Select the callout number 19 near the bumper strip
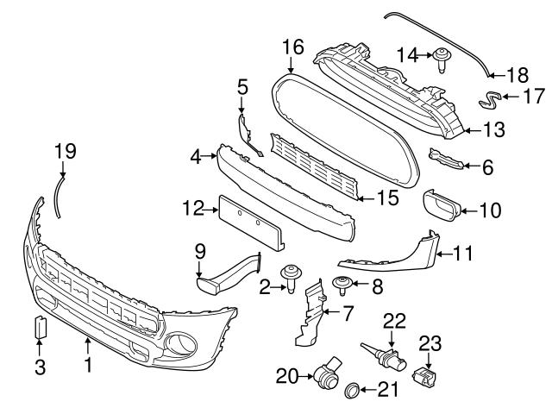[x=66, y=151]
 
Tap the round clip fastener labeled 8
[x=340, y=282]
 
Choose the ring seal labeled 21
[x=352, y=392]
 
